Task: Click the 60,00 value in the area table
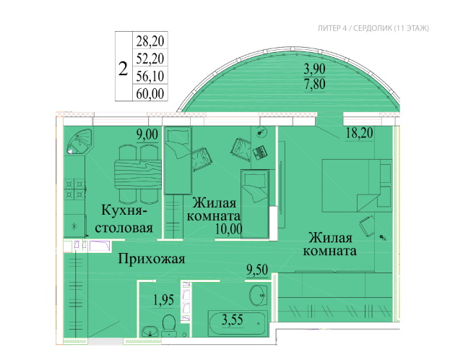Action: point(150,93)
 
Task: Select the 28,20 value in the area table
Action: point(150,40)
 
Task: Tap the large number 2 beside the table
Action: point(123,69)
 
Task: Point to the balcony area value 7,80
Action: point(314,84)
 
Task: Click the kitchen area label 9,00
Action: point(147,134)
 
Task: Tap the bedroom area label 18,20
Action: point(359,133)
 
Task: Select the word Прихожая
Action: point(152,259)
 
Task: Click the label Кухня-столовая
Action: point(124,218)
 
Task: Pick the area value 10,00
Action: point(229,229)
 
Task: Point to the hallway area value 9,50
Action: point(257,270)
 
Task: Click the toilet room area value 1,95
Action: point(163,300)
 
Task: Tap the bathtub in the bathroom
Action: point(238,322)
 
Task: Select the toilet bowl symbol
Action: point(169,325)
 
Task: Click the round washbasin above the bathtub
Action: point(259,295)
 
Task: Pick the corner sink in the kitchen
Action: point(78,142)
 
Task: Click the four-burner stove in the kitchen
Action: point(74,189)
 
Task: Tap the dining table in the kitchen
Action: point(138,174)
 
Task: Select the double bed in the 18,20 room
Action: point(357,186)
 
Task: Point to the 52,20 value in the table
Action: point(150,59)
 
